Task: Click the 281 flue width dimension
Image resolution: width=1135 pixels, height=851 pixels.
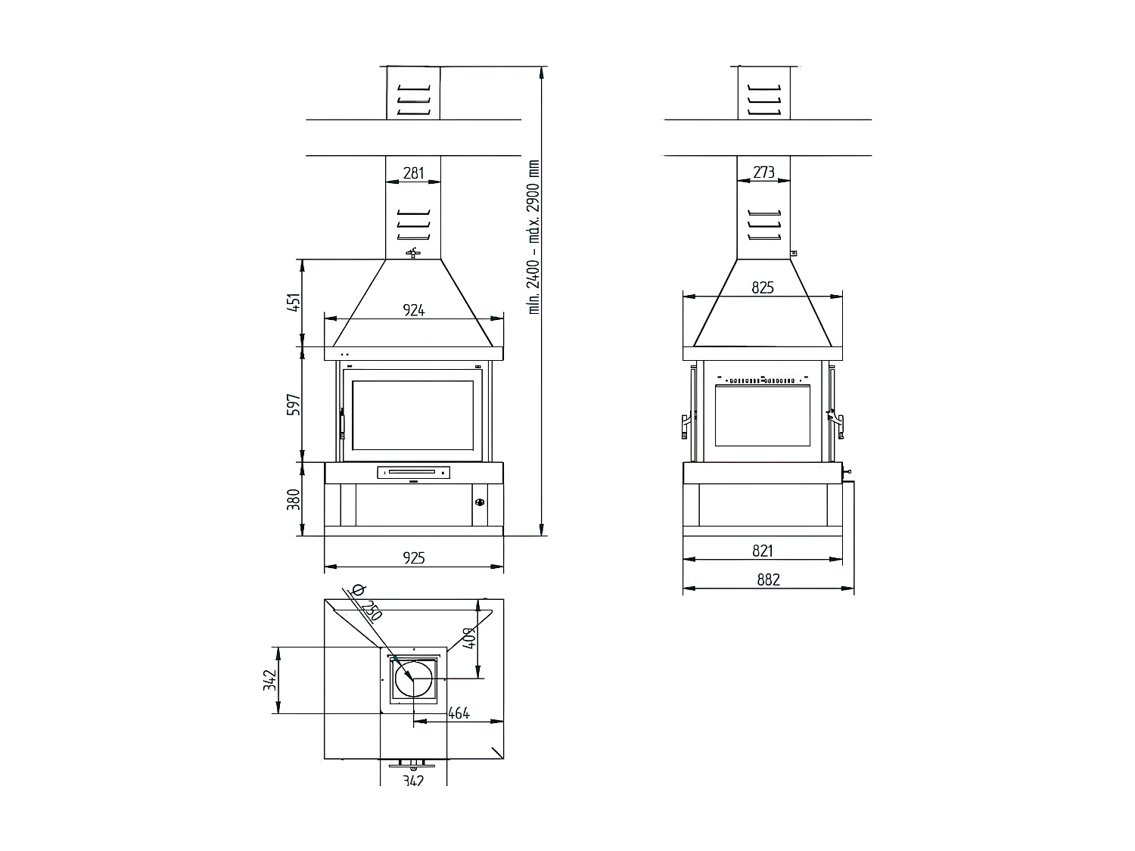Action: tap(413, 173)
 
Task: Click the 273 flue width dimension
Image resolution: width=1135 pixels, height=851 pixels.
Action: tap(763, 173)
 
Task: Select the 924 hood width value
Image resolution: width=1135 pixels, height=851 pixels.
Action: tap(413, 310)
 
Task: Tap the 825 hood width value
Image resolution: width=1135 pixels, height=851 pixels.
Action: tap(763, 288)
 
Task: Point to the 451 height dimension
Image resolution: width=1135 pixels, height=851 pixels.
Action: tap(295, 302)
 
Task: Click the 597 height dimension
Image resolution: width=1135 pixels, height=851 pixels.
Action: tap(295, 404)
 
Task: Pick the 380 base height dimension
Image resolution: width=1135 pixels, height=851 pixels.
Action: tap(295, 499)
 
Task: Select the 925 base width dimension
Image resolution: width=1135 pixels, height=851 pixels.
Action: tap(413, 558)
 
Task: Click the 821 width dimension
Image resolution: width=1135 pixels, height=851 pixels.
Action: tap(763, 551)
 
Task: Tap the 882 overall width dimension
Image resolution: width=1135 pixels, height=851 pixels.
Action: tap(767, 580)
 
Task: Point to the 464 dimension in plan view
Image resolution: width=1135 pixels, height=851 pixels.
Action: tap(459, 713)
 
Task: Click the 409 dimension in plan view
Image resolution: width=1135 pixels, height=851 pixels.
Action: tap(468, 639)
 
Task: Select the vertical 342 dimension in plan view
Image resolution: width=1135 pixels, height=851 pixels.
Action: tap(269, 680)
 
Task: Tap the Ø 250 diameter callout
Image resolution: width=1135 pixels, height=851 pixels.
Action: tap(367, 604)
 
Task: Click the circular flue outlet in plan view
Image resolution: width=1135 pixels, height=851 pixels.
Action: tap(413, 678)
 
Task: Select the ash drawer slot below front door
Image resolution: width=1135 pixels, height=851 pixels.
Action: tap(412, 474)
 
